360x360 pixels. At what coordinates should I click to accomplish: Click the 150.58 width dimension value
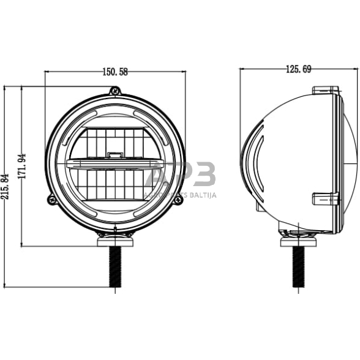click(114, 72)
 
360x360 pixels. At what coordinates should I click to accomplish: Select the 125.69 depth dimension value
click(298, 70)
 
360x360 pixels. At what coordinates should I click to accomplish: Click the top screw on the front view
click(114, 92)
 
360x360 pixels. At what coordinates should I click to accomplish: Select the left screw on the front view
click(52, 198)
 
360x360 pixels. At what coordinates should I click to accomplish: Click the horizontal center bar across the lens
click(114, 164)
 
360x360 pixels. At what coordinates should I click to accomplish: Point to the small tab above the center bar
click(114, 155)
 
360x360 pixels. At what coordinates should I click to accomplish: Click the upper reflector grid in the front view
click(114, 142)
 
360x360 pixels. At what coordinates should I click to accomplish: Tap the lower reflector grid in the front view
click(114, 185)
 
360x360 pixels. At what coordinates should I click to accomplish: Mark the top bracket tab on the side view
click(325, 91)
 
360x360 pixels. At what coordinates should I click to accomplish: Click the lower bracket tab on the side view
click(325, 198)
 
